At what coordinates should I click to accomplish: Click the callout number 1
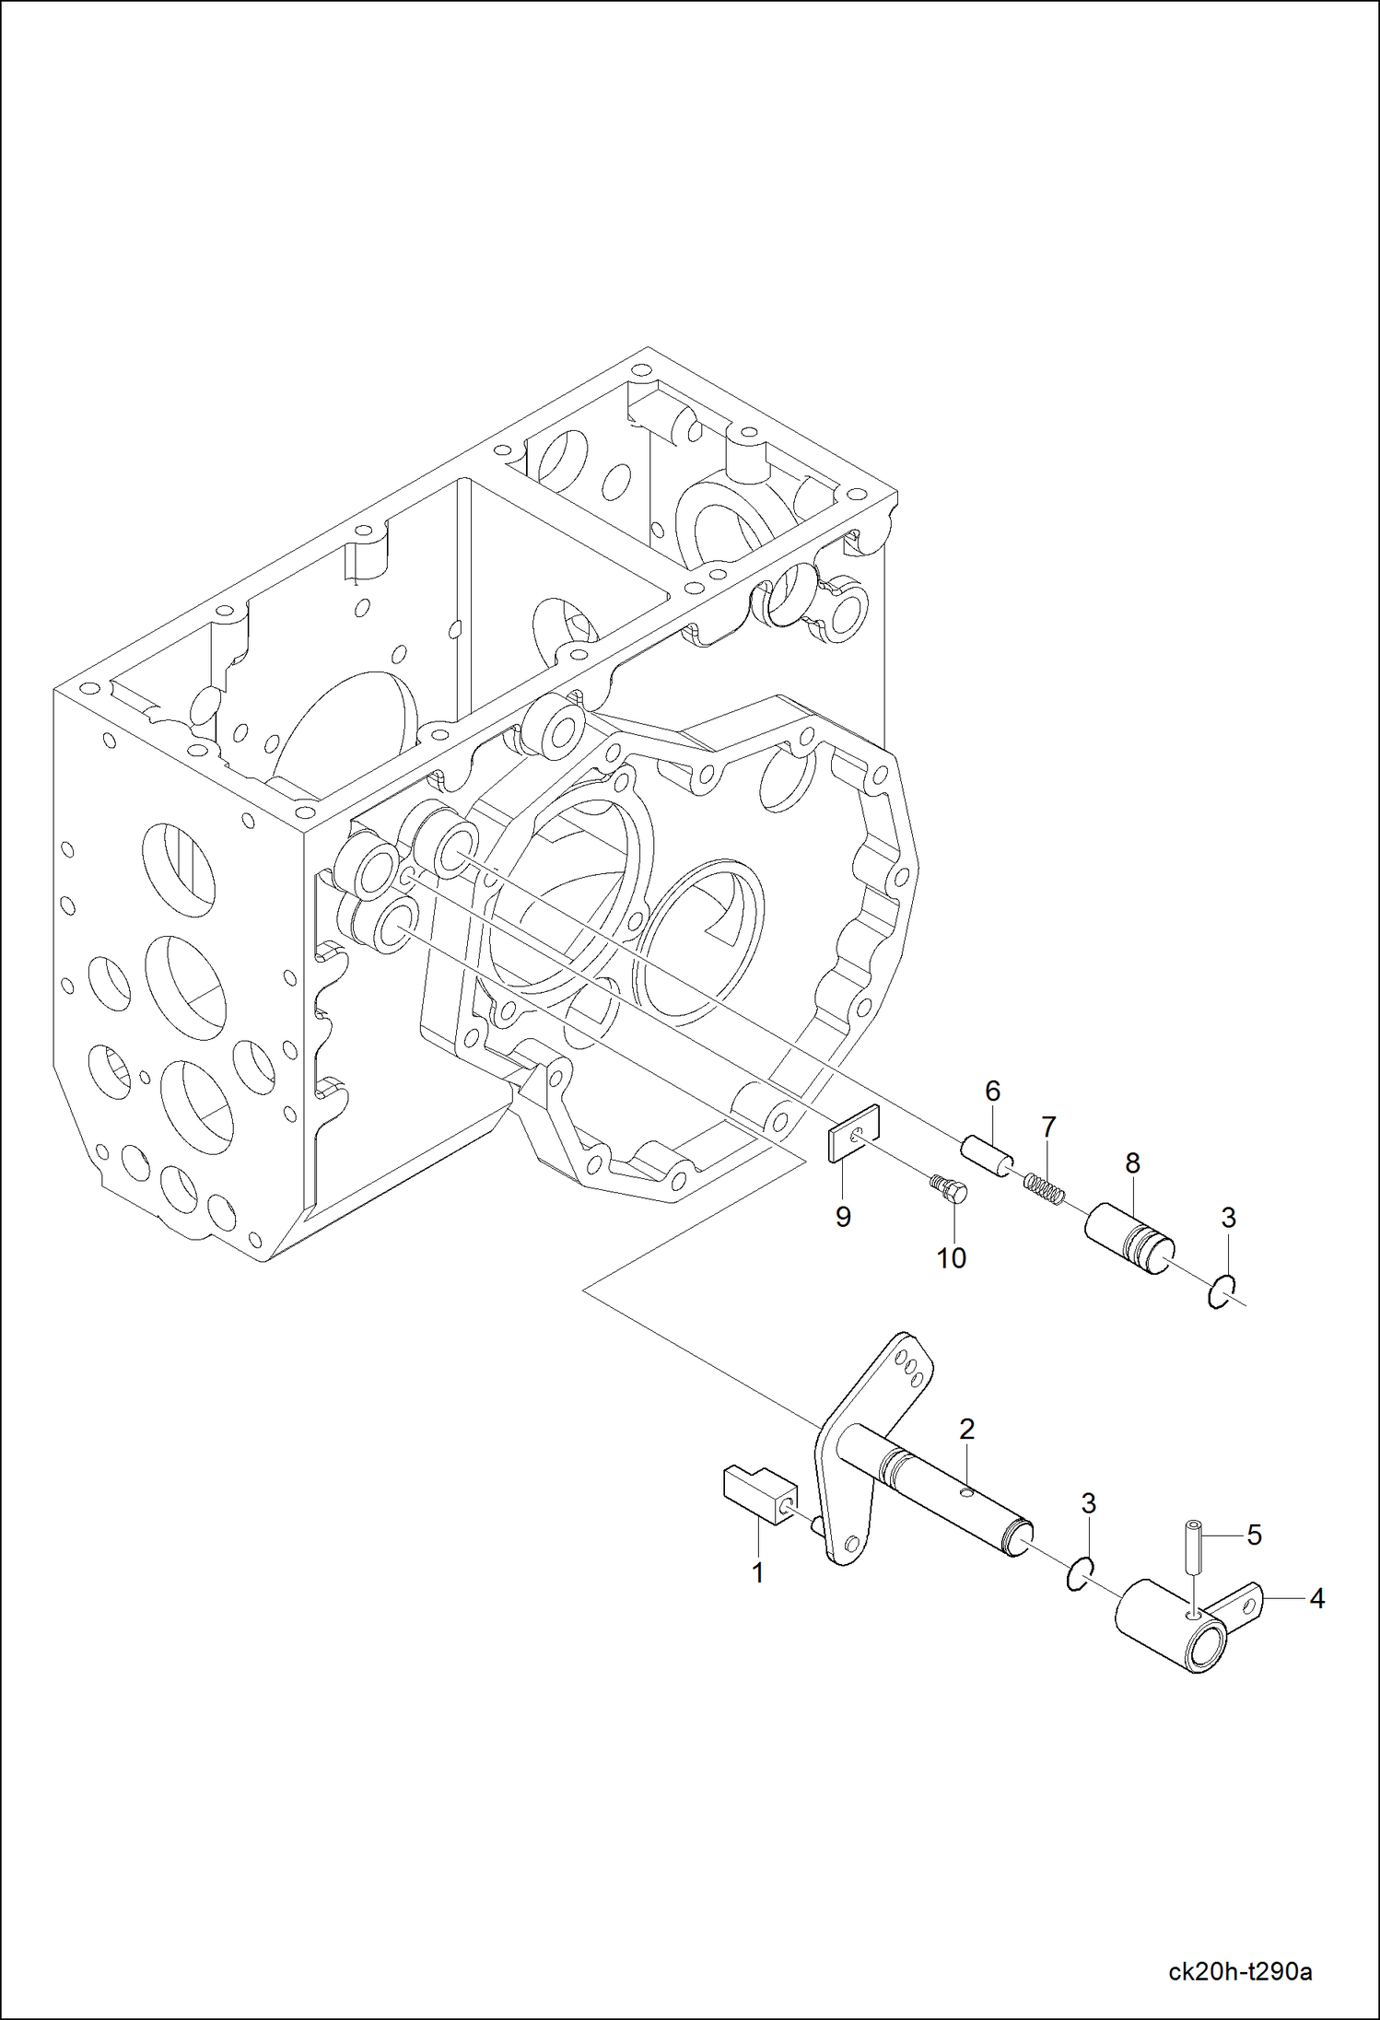[757, 1572]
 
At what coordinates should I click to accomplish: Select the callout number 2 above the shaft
[966, 1429]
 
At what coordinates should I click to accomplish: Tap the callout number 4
[1316, 1599]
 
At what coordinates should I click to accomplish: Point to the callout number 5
[1254, 1535]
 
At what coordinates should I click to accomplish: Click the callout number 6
[992, 1091]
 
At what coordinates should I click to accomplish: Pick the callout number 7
[1048, 1127]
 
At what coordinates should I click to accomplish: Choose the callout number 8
[1132, 1162]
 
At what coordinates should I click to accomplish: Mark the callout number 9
[843, 1216]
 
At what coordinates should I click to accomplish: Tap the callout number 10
[951, 1257]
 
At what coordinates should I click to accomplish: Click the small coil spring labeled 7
[1045, 1188]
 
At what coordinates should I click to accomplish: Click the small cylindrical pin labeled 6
[987, 1155]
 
